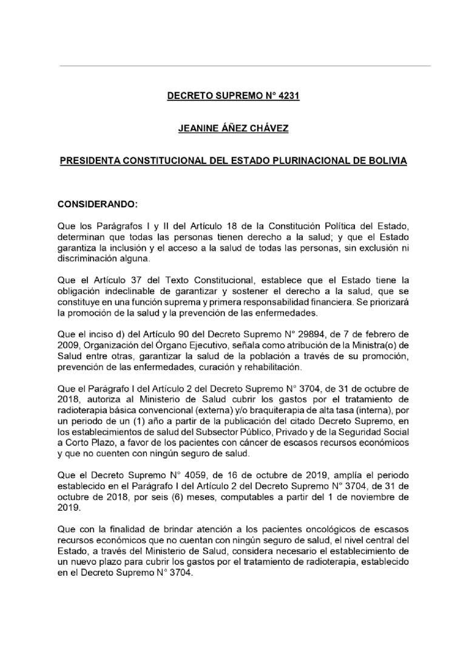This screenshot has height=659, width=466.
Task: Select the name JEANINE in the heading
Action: [x=200, y=128]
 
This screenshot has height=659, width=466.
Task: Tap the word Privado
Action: [x=300, y=431]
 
